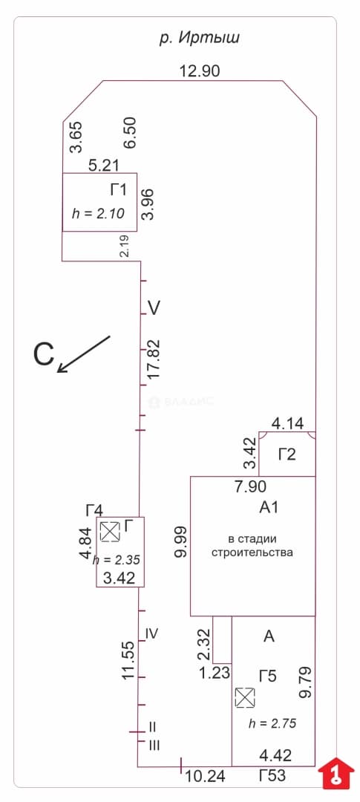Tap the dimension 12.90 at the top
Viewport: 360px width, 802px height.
pos(200,71)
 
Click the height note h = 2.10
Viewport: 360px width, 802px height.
pos(98,214)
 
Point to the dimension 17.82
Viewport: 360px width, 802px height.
pos(153,359)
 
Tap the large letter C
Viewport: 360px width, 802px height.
pos(44,354)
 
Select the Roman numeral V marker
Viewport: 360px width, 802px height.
pos(154,308)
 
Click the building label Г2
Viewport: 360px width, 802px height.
pos(287,454)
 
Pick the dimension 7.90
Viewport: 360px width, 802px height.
pos(251,486)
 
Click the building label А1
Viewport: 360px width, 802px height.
pos(269,507)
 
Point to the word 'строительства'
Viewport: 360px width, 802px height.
pos(252,552)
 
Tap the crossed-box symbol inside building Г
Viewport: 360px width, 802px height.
pos(109,532)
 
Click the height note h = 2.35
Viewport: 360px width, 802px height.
pos(117,560)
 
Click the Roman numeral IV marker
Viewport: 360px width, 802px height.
pos(151,633)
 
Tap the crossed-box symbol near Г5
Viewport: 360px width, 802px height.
pos(245,697)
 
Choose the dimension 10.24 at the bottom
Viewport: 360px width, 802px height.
pos(205,776)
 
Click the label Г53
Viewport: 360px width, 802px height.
pos(272,776)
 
